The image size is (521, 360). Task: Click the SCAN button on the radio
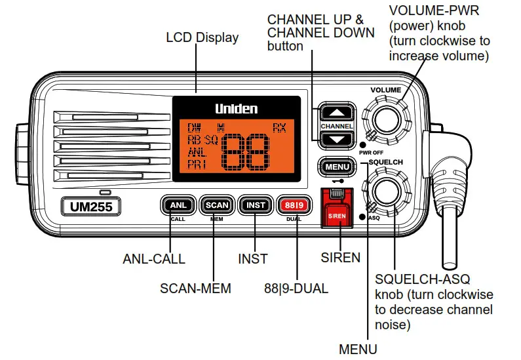coord(217,205)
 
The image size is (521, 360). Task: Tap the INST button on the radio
coord(255,205)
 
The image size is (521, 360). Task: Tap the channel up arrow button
coord(336,113)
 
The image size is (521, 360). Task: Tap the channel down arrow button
coord(336,138)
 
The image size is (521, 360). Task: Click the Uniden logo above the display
coord(237,108)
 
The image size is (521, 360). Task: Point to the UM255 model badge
coord(87,208)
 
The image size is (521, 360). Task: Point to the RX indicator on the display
coord(280,127)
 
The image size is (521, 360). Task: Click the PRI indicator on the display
coord(197,164)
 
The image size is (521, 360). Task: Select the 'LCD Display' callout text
coord(202,37)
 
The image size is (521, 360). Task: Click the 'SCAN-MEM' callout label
coord(195,288)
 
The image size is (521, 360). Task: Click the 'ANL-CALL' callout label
coord(154,258)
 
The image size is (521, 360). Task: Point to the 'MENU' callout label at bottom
coord(358,348)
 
